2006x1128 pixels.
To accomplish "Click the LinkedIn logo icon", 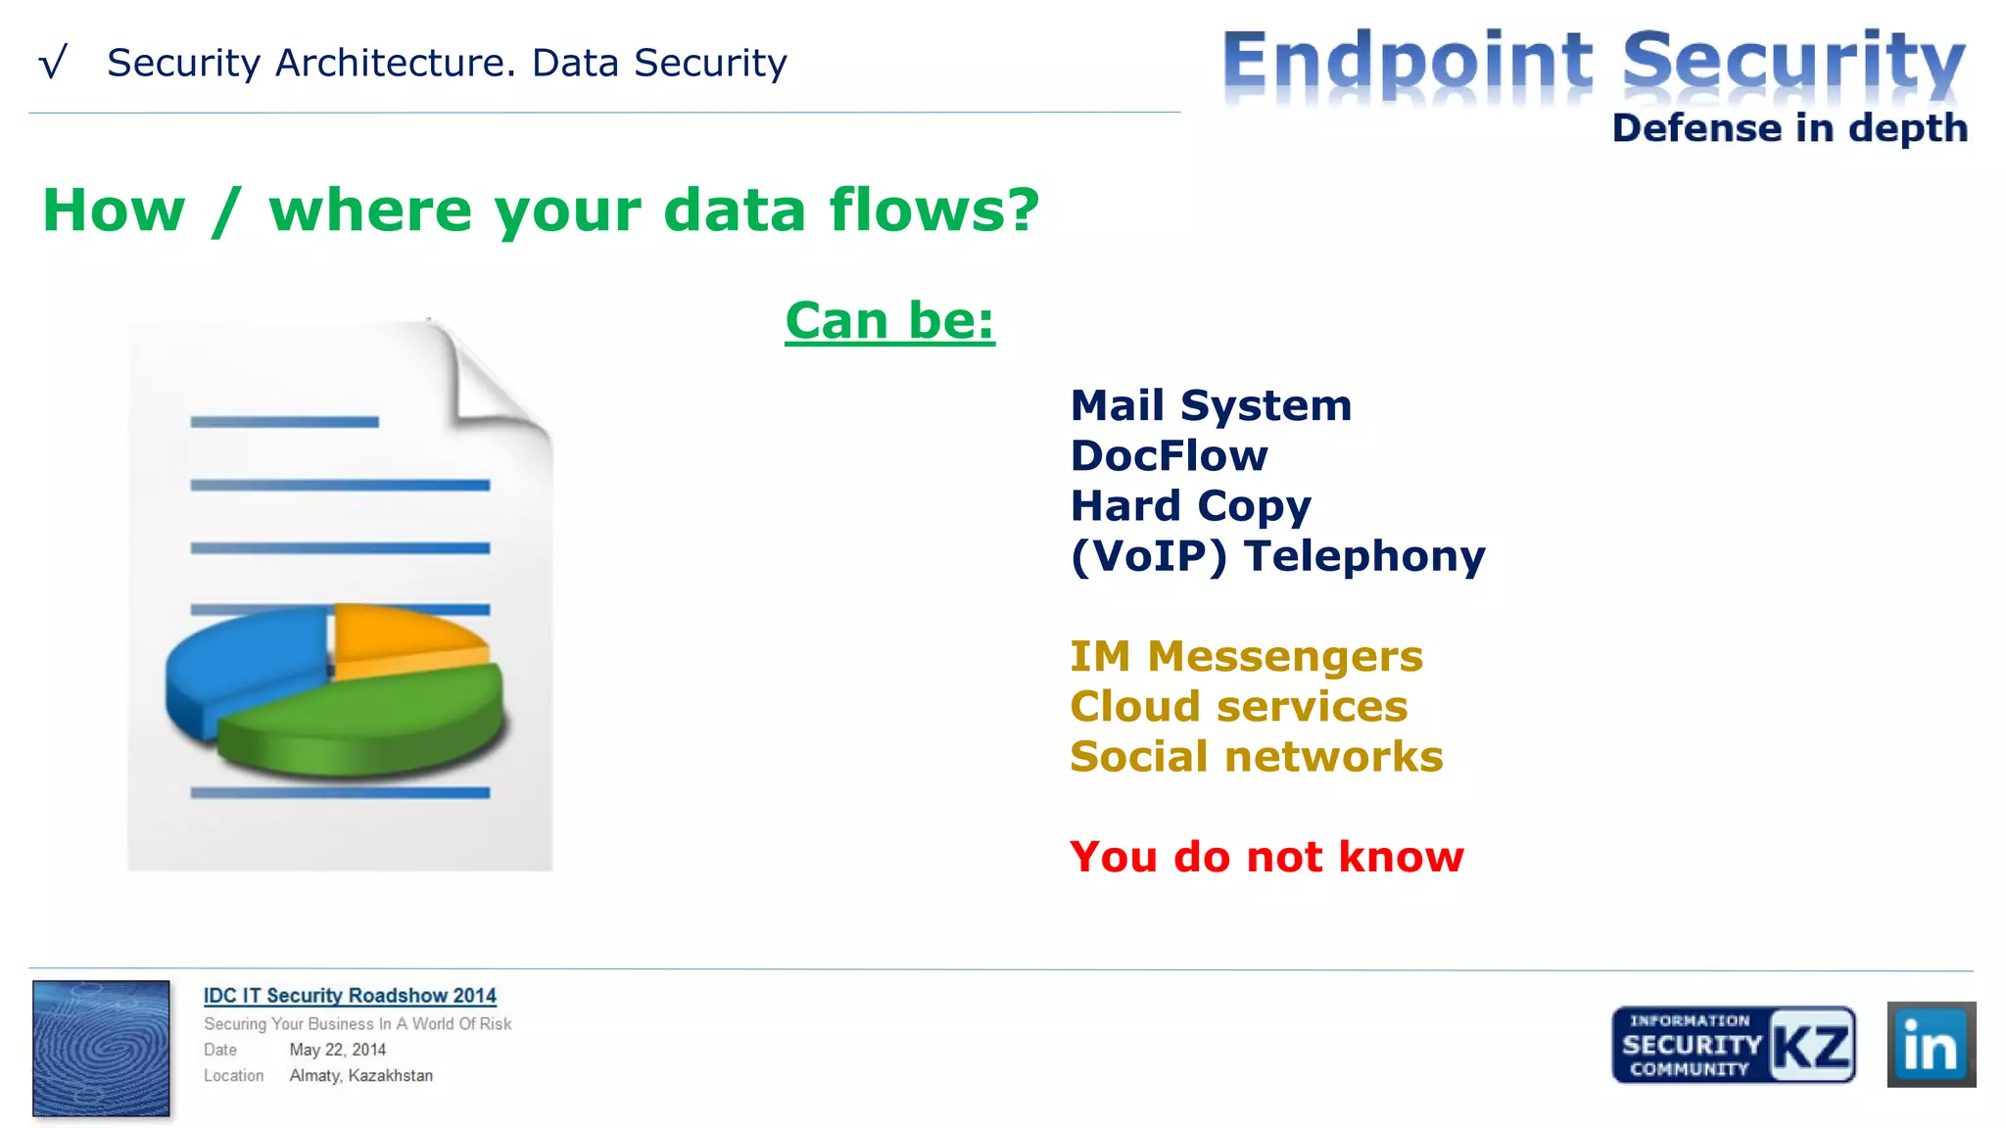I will click(x=1931, y=1045).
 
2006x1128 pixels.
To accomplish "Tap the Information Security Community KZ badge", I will click(x=1733, y=1045).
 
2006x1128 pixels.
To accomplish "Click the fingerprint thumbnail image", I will click(x=101, y=1048).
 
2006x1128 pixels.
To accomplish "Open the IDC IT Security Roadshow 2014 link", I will click(x=350, y=996).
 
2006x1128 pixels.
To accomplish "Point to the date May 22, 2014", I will click(x=338, y=1050).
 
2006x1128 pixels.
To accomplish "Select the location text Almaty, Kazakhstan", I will click(x=360, y=1075).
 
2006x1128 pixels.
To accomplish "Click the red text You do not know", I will click(x=1266, y=857).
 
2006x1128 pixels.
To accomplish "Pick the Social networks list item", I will click(x=1256, y=757).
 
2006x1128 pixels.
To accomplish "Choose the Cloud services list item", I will click(x=1238, y=707).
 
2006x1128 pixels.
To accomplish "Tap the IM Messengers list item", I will click(x=1246, y=656).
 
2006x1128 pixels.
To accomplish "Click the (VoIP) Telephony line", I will click(x=1277, y=556).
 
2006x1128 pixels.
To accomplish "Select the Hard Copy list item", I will click(x=1190, y=506).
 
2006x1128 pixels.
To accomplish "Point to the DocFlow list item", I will click(x=1169, y=456).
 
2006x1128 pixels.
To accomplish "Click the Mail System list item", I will click(x=1211, y=406).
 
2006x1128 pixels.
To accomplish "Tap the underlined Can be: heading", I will click(x=889, y=321).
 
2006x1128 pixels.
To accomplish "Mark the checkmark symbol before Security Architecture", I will click(x=53, y=63).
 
